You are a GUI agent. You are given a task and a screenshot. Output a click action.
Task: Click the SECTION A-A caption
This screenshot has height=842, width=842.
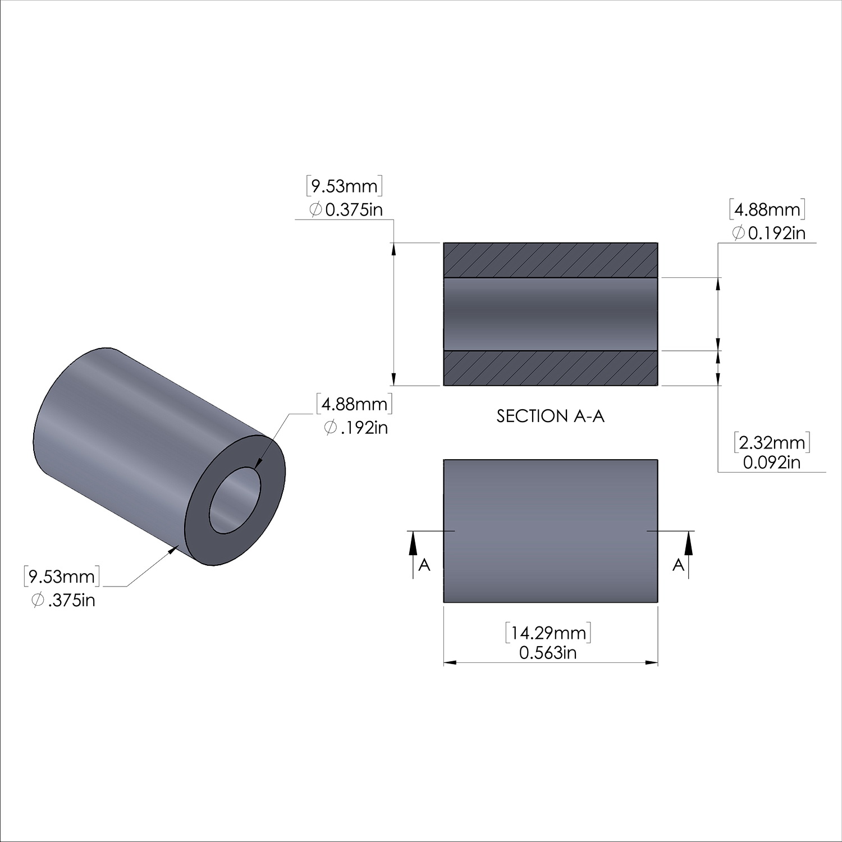[x=551, y=416]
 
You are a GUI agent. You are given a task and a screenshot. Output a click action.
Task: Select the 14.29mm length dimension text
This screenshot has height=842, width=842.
[x=548, y=633]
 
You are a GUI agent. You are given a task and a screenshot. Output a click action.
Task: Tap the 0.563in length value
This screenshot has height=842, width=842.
[x=548, y=653]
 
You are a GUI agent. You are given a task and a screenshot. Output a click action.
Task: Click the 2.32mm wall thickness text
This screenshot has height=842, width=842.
[x=772, y=443]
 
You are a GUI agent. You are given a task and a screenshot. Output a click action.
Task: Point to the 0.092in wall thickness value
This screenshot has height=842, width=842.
[x=772, y=462]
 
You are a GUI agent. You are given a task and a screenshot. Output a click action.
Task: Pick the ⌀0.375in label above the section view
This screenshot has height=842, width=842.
[x=346, y=210]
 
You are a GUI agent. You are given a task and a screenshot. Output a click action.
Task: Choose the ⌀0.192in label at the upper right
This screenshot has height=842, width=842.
[x=768, y=232]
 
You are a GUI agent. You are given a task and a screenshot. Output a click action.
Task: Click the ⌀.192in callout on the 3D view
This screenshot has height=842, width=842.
[x=356, y=428]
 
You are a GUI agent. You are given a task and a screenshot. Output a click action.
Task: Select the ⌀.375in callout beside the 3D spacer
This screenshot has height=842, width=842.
[x=63, y=600]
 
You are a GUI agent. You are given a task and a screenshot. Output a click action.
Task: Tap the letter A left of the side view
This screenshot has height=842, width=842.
[x=424, y=565]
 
